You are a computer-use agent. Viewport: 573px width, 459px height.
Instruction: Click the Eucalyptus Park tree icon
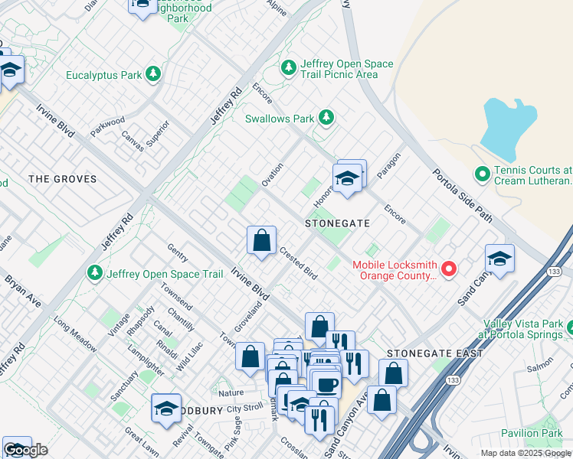click(154, 73)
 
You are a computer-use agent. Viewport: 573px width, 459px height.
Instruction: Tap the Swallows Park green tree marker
click(326, 117)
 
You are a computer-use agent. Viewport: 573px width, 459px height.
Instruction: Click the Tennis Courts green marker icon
click(483, 175)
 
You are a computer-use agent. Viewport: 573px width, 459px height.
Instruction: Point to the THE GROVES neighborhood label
click(63, 179)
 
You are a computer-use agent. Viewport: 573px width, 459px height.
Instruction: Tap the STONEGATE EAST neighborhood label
click(434, 353)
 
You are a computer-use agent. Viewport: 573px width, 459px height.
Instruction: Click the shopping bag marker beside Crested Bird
click(261, 240)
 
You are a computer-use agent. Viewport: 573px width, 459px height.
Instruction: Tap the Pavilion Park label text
click(532, 433)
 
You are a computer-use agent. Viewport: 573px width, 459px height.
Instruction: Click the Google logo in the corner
click(25, 450)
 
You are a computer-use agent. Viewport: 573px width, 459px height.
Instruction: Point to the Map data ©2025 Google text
click(526, 453)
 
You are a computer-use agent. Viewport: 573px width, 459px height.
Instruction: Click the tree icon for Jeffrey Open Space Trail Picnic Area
click(289, 69)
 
